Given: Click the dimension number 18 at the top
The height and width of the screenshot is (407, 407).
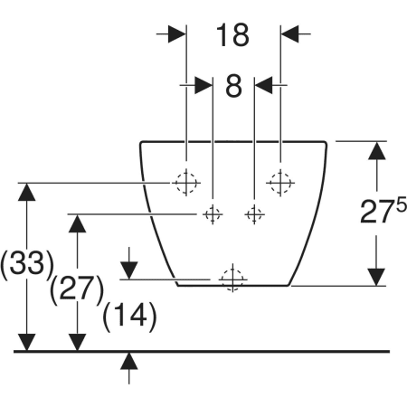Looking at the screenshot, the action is coord(232,35).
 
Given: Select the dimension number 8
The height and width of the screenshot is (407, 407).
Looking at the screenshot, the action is coord(233,86).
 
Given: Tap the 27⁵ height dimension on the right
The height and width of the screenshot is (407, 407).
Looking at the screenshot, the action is coord(383,212).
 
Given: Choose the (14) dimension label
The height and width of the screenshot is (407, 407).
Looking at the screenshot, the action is coord(129,316).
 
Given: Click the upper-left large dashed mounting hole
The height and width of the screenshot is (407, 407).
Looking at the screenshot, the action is coord(186,183).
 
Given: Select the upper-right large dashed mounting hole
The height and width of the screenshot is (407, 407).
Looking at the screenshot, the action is coord(280,183).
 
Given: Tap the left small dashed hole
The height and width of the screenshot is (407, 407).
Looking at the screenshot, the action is coord(213,214).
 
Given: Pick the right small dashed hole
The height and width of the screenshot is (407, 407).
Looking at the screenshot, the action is coord(254,214).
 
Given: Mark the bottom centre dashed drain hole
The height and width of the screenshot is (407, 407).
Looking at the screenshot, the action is coord(232,279).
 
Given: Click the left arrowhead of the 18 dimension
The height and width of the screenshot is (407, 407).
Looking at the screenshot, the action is coord(176,33).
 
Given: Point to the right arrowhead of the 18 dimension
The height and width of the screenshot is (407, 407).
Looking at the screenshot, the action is coord(289,33).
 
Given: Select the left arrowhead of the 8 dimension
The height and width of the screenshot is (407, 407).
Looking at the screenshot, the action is coord(203,85).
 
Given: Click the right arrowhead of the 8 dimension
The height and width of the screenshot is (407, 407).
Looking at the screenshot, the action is coord(263,85).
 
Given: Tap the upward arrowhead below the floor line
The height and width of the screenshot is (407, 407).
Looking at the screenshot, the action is coord(129,361).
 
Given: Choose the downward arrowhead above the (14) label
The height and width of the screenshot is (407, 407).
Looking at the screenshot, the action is coord(129,270).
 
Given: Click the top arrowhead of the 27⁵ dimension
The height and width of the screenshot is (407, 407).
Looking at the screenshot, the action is coord(376,150).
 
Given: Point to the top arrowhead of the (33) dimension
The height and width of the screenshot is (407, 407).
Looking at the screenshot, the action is coord(27,192).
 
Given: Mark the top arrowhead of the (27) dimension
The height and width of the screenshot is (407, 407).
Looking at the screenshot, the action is coord(77,223).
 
